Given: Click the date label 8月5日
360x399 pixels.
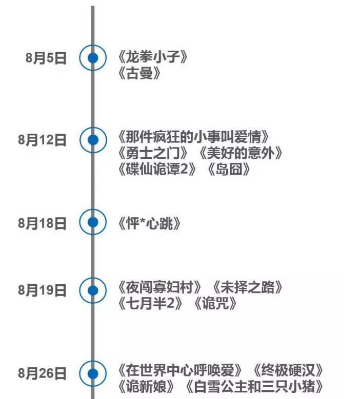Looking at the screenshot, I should pos(46,58).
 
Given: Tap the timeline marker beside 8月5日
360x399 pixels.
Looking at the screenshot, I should pos(93,58).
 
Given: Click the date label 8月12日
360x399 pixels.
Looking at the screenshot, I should pos(43,139).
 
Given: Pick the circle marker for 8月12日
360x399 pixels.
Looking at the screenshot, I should pos(93,139).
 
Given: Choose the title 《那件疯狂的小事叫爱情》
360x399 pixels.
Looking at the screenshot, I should pos(193,137).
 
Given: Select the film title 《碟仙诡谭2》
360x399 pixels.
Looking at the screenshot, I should pos(157,170).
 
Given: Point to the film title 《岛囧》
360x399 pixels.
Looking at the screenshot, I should pos(229,170).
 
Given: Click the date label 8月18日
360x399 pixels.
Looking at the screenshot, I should pos(43,223).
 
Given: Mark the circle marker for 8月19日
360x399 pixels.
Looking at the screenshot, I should pos(93,290).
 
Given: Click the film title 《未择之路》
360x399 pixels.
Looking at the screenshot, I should pos(248,287).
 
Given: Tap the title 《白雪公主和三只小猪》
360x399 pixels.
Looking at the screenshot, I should pos(254,386).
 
